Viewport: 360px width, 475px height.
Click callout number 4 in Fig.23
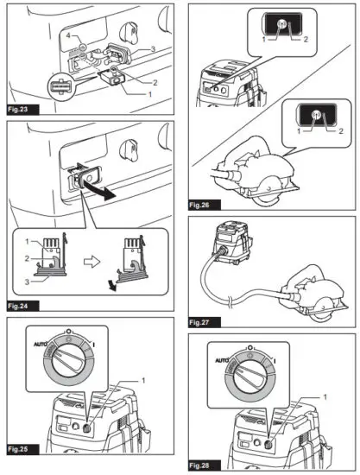pos(68,35)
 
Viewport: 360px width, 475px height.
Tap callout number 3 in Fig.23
pos(153,48)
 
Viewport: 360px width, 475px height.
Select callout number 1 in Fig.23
pos(149,94)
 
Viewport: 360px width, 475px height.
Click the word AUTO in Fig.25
pos(40,344)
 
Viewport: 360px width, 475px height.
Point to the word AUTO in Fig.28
pos(222,360)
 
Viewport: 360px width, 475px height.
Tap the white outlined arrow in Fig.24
pos(92,262)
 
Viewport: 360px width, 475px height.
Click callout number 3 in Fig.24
pos(28,282)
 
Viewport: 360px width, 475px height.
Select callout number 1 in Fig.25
pos(143,380)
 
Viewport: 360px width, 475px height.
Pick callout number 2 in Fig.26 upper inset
pos(306,39)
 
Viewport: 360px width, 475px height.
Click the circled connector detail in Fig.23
pos(61,86)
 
